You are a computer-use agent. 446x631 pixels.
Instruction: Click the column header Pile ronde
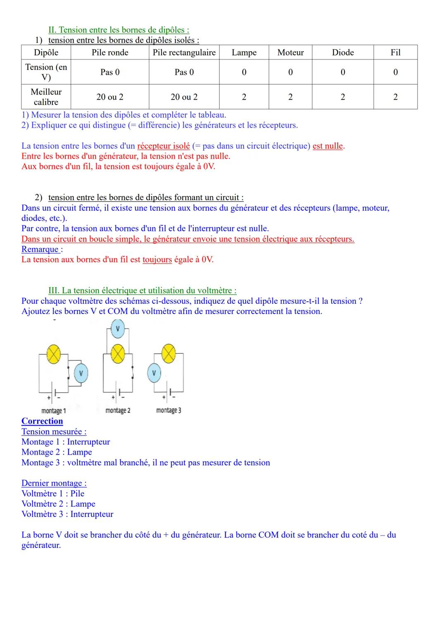coord(110,52)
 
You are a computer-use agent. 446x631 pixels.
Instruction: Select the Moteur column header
coord(290,52)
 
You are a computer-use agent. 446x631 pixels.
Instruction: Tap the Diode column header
coord(343,52)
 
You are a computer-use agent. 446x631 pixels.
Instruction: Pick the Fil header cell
coord(395,52)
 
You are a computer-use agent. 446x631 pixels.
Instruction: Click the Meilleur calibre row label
coord(46,97)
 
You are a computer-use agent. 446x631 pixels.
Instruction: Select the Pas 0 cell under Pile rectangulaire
coord(184,72)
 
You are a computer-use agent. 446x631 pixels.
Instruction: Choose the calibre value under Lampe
coord(244,97)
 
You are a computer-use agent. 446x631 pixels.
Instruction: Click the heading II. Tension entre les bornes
coord(119,30)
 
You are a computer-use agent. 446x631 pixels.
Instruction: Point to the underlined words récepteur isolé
coord(164,146)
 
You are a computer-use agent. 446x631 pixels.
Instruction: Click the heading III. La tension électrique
coord(142,290)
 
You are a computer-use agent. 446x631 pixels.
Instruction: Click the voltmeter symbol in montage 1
coord(81,373)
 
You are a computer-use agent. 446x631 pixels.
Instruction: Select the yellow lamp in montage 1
coord(54,354)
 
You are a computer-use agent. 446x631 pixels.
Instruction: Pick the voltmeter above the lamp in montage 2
coord(118,329)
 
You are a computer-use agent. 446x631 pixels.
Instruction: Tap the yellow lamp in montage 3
coord(168,354)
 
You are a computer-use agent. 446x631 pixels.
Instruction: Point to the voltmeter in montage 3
coord(154,373)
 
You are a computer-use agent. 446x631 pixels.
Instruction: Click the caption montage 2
coord(118,410)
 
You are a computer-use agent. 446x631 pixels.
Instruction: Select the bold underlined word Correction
coord(42,421)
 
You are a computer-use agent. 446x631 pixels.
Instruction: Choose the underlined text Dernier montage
coord(54,483)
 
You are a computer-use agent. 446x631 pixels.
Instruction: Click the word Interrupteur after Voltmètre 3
coord(92,514)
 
